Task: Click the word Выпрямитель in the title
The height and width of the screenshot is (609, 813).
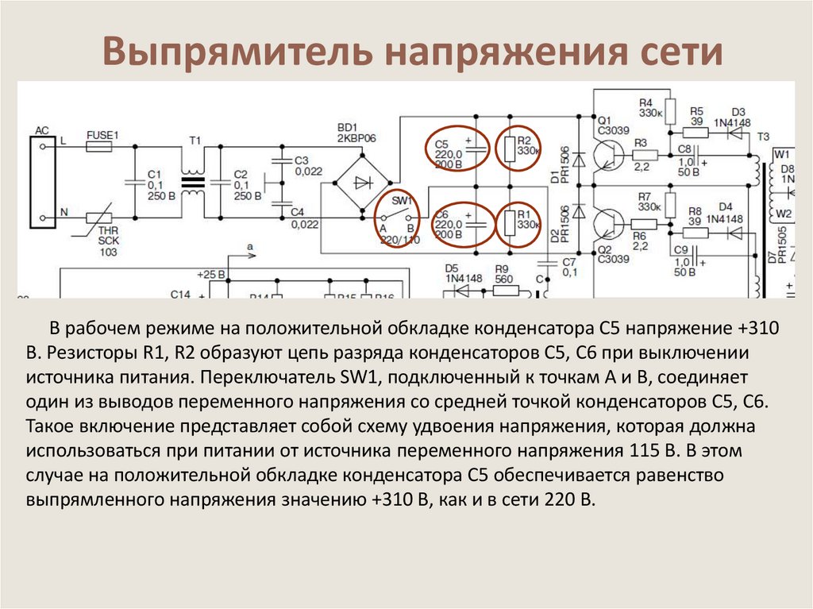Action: pyautogui.click(x=237, y=52)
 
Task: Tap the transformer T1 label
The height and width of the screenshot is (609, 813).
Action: pyautogui.click(x=195, y=141)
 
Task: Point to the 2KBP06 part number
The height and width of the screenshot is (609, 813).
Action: pyautogui.click(x=355, y=137)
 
